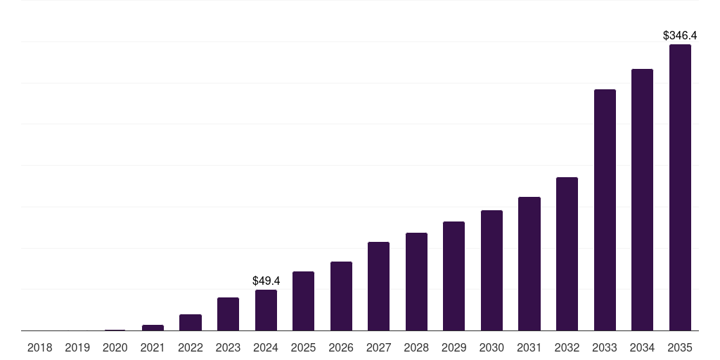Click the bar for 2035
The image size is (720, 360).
680,188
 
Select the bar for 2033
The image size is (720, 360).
605,210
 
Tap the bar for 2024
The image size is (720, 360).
266,310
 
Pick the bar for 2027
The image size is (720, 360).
378,286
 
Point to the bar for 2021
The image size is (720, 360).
153,328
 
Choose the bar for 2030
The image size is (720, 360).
491,271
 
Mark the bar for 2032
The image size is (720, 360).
567,254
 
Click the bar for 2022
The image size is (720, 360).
191,323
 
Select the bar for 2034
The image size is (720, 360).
642,200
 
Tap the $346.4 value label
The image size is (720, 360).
680,35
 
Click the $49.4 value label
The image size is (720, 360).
266,281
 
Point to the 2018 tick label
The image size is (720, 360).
39,347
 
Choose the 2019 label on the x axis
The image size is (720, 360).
77,347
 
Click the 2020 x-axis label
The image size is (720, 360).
115,347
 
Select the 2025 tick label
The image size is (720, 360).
303,347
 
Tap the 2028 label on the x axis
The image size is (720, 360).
416,347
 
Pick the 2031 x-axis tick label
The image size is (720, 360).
529,347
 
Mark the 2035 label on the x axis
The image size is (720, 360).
680,347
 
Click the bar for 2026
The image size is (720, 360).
341,296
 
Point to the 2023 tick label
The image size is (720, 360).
228,347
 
